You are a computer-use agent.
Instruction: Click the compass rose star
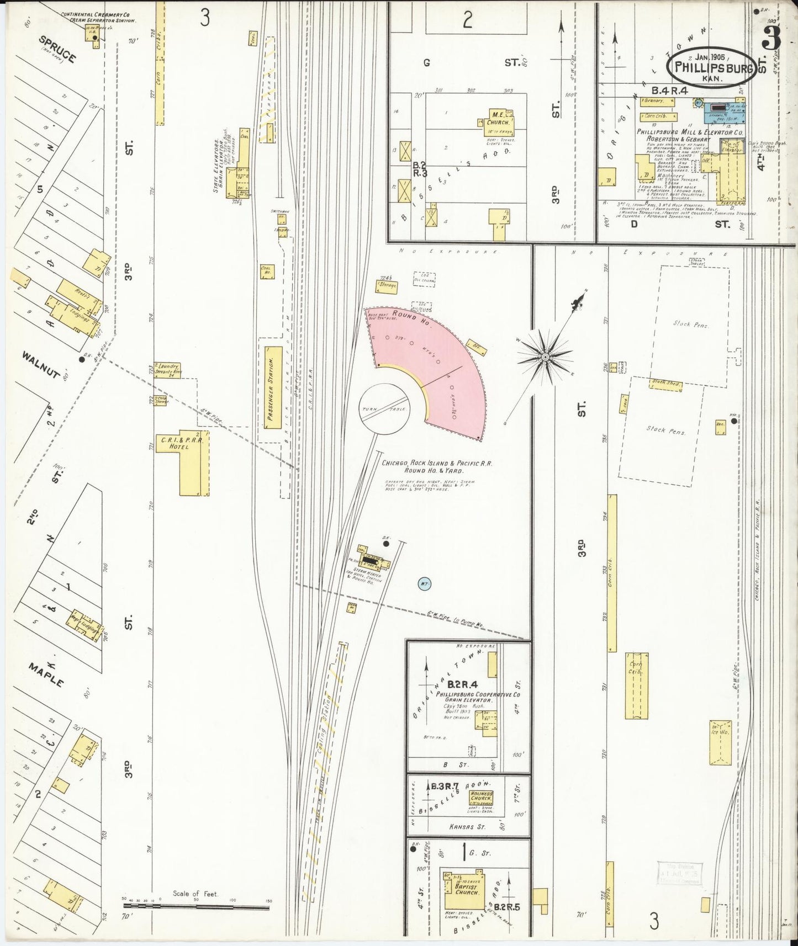click(x=545, y=358)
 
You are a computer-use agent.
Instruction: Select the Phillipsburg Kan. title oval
click(x=711, y=68)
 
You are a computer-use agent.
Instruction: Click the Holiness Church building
click(x=480, y=798)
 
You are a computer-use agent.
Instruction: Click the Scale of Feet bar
click(x=196, y=905)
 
